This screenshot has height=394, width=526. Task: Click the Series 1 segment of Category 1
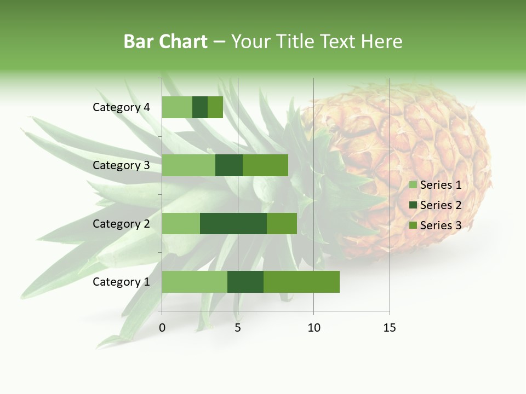click(x=195, y=282)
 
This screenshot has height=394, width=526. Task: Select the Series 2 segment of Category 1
click(x=245, y=282)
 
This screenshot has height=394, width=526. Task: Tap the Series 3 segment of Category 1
click(x=301, y=282)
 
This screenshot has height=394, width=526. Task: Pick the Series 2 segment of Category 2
click(x=233, y=223)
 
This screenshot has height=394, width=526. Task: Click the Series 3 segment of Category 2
click(x=282, y=223)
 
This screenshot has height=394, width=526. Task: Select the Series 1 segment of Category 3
click(x=188, y=165)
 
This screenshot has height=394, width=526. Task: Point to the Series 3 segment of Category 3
click(x=265, y=165)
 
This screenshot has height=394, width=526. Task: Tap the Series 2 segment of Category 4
click(x=200, y=107)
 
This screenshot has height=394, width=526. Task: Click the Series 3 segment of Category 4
click(x=215, y=107)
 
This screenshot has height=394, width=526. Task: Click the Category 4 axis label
click(x=121, y=107)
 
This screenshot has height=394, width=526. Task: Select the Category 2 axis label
click(x=121, y=223)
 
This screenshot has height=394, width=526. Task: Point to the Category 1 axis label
click(x=121, y=282)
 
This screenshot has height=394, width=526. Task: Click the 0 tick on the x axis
click(x=162, y=328)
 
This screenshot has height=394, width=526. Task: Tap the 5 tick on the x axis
click(x=238, y=328)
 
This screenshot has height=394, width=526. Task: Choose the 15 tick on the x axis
click(x=390, y=328)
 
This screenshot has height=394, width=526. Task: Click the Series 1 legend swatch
click(x=413, y=185)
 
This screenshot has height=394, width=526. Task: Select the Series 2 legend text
click(x=441, y=205)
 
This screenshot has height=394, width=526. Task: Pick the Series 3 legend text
click(x=441, y=225)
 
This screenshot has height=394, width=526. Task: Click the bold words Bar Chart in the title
click(x=165, y=42)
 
